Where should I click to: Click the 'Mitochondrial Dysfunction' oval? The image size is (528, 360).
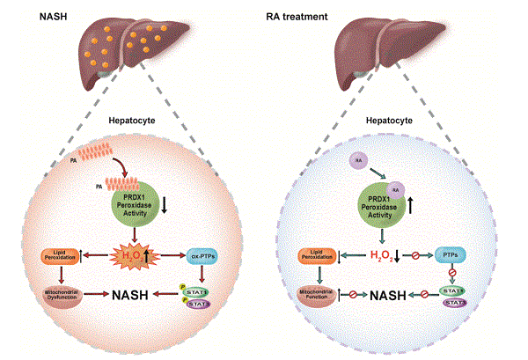tap(59, 293)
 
